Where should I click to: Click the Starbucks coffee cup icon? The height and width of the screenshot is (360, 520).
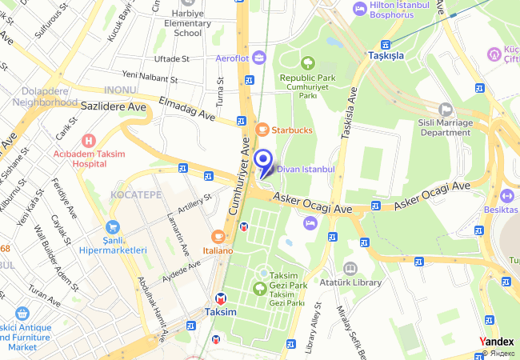click(262, 130)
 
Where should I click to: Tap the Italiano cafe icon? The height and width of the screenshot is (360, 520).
click(218, 237)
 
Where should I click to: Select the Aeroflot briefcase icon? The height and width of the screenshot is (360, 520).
click(258, 58)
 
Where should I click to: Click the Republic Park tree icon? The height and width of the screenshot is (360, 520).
click(308, 62)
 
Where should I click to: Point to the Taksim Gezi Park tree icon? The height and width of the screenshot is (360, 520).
click(262, 273)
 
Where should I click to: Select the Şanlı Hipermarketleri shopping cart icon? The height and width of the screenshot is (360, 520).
click(111, 227)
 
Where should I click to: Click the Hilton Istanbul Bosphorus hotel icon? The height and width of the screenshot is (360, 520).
click(360, 8)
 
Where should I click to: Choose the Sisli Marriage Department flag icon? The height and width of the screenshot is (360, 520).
click(446, 109)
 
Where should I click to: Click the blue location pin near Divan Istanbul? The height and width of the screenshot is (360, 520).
click(263, 162)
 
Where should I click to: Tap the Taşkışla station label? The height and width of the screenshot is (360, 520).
click(386, 56)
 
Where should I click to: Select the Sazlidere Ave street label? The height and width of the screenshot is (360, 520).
click(112, 106)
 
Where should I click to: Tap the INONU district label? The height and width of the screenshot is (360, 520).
click(120, 90)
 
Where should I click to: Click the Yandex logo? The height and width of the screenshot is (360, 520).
click(497, 342)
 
